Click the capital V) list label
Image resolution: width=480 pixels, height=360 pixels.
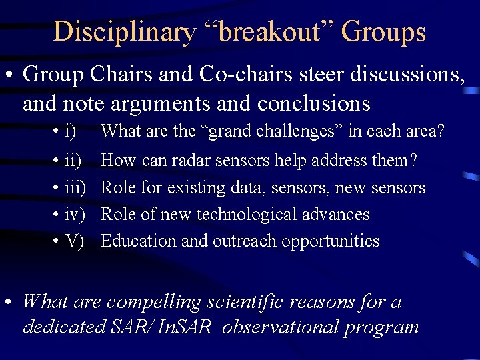75,241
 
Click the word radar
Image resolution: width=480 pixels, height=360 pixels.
187,161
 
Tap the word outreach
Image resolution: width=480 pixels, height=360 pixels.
247,241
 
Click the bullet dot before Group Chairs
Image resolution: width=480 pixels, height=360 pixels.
11,75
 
